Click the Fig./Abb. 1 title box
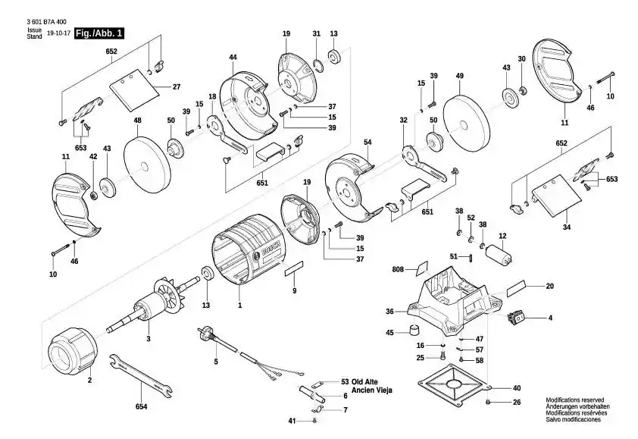pyautogui.click(x=99, y=33)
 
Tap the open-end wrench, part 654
pyautogui.click(x=141, y=376)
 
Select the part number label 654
pyautogui.click(x=141, y=406)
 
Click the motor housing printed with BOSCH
pyautogui.click(x=248, y=249)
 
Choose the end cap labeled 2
pyautogui.click(x=73, y=352)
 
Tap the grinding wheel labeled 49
pyautogui.click(x=466, y=124)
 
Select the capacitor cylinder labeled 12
pyautogui.click(x=499, y=255)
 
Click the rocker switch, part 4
pyautogui.click(x=516, y=317)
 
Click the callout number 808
pyautogui.click(x=398, y=269)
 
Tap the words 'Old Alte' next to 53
pyautogui.click(x=364, y=382)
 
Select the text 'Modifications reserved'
pyautogui.click(x=575, y=400)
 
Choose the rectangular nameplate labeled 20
pyautogui.click(x=517, y=289)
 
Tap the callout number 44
pyautogui.click(x=233, y=58)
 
